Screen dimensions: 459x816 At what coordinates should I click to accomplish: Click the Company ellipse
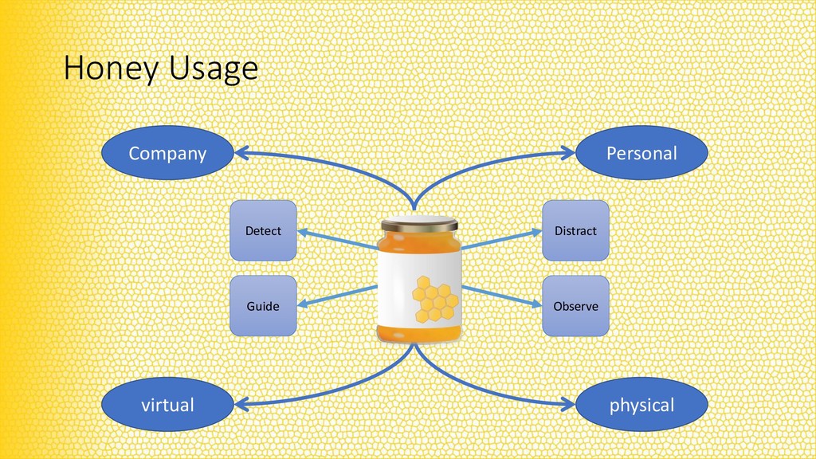167,153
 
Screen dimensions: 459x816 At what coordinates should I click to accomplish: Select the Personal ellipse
641,153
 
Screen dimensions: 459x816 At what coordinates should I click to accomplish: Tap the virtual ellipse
167,405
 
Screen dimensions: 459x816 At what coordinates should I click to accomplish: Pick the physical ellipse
641,405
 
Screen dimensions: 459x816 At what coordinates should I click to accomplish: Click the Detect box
263,230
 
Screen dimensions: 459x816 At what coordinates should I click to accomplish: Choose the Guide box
263,306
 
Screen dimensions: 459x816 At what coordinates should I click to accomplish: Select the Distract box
575,230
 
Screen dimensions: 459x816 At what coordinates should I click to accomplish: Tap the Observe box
575,306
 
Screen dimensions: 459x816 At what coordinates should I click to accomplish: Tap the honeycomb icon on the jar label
435,298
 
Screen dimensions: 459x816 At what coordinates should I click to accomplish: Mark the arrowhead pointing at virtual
241,403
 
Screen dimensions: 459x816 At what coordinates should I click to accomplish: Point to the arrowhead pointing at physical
567,403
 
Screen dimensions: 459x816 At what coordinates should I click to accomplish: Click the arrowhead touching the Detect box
304,233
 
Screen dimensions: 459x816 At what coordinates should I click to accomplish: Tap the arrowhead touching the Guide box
304,302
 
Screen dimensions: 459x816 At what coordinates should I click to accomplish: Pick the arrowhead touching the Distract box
535,233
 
